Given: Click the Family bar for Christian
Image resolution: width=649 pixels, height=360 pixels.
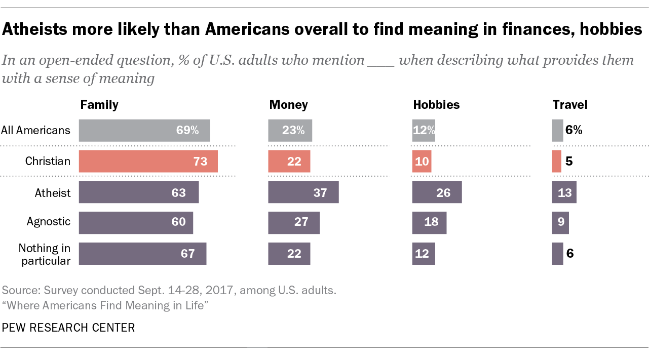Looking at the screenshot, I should pos(148,161).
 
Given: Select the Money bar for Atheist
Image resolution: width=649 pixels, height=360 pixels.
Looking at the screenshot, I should pos(303,192).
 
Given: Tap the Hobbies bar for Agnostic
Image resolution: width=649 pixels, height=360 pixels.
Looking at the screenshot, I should pos(429,223).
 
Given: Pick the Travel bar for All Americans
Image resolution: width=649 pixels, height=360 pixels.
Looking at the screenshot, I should pos(557,130).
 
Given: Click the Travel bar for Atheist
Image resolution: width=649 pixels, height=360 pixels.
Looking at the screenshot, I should pos(564,192).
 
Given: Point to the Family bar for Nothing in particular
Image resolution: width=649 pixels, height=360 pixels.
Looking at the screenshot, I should pos(142,253).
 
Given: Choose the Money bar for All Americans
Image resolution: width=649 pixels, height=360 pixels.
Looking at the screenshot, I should pos(290,130).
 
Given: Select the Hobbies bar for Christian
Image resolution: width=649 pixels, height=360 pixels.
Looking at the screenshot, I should pos(422,161).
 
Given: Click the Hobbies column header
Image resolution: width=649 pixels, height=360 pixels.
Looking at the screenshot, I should pos(436,105).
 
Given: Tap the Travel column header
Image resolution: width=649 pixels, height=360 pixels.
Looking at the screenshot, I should pos(570,105).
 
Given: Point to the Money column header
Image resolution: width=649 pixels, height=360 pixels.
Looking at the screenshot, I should pos(288,105).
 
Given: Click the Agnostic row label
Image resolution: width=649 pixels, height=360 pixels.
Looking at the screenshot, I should pos(49,222).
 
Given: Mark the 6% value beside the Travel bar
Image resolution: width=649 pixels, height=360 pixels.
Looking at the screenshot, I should pos(574,130).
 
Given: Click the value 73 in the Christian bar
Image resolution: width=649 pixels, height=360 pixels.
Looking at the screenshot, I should pos(200,162).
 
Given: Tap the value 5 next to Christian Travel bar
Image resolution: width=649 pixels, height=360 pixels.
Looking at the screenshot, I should pos(569,162).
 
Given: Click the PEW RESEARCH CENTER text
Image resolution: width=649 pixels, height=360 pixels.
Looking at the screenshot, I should pos(68,328).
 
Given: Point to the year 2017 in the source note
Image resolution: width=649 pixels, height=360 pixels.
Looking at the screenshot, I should pos(219,291).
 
